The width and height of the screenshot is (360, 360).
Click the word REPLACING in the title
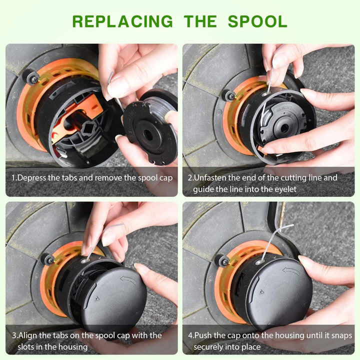tap(122, 21)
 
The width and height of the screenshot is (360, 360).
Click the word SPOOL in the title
tap(257, 21)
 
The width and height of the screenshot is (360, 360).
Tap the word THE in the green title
tap(200, 21)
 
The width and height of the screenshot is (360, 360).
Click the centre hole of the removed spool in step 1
tap(148, 135)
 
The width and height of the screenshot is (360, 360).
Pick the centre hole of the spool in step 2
tap(284, 128)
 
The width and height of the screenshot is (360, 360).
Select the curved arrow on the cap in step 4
tap(291, 270)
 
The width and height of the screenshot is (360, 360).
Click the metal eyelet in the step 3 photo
tap(84, 261)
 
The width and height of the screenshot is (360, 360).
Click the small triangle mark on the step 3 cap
tap(97, 298)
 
